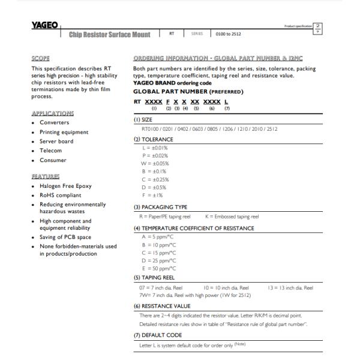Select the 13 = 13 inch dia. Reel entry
292,287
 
